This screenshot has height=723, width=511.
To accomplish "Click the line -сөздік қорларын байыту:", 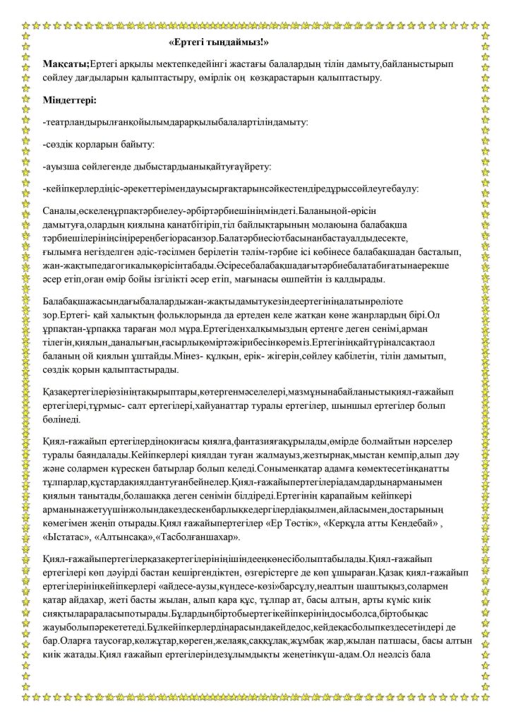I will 98,144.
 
